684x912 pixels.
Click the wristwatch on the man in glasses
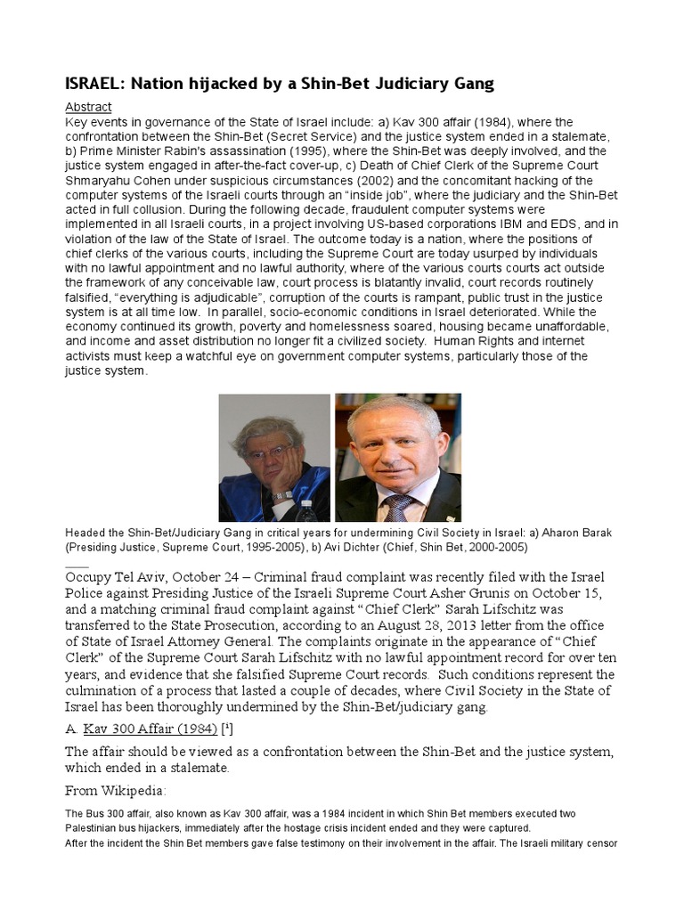(282, 495)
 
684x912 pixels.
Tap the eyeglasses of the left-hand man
(269, 452)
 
